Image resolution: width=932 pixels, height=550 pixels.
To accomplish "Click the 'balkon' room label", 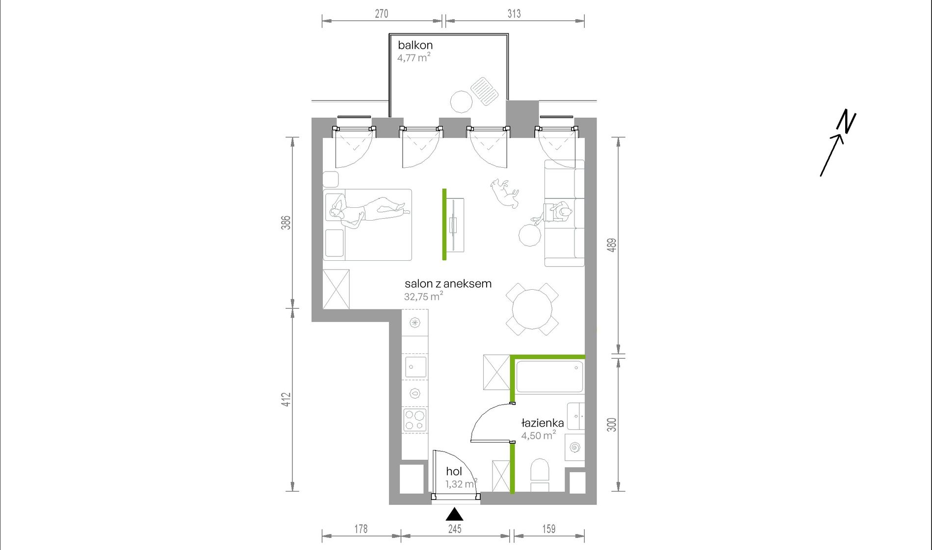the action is point(415,45).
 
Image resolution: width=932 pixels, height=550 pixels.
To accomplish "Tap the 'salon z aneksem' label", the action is point(448,283).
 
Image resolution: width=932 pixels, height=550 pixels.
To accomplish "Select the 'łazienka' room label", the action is point(542,423).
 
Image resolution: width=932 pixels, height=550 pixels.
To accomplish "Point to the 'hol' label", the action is point(454,472).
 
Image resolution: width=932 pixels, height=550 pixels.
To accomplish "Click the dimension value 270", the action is point(381,14).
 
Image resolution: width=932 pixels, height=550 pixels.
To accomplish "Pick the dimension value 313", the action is point(514,14).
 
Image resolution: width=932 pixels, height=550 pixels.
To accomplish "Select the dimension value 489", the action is point(611,245).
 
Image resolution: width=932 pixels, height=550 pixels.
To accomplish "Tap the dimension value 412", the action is point(286,400).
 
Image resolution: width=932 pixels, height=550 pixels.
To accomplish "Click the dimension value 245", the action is point(455,529).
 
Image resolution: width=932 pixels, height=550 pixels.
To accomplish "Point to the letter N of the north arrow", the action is point(846,122).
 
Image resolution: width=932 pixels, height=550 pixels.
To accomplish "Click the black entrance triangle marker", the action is point(455,514).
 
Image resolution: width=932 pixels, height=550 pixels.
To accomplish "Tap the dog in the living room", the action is point(504,193).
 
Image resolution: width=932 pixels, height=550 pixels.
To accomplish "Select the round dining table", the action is point(532,309).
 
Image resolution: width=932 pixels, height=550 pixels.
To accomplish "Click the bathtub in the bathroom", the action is point(549,376).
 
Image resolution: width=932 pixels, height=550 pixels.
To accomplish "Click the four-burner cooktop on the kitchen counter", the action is point(415,421).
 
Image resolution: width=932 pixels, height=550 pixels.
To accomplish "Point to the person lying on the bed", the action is point(368,211).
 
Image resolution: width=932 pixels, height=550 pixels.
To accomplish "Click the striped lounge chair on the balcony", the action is point(485,91).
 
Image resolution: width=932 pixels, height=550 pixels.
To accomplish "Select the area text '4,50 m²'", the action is point(539,435).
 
